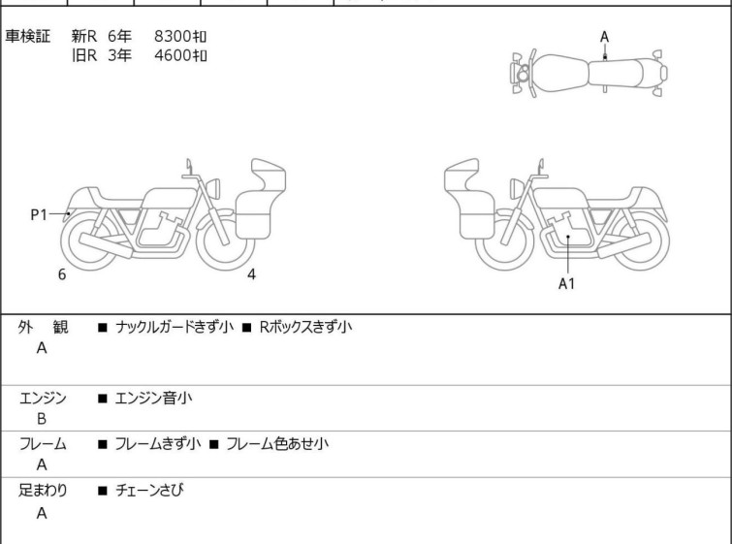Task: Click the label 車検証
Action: (x=27, y=36)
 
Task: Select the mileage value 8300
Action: (x=173, y=36)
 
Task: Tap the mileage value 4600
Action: (x=173, y=55)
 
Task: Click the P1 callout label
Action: (x=39, y=215)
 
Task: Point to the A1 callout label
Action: (x=566, y=283)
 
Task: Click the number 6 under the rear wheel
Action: (x=62, y=274)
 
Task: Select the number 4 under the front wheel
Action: (x=251, y=274)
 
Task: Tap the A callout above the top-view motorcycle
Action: (x=605, y=37)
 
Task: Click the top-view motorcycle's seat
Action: (x=616, y=73)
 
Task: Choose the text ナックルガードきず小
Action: (x=175, y=327)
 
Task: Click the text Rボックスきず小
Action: (x=305, y=327)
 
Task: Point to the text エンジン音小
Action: (x=153, y=399)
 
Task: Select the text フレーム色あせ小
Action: (x=277, y=443)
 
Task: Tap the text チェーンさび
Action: (x=149, y=490)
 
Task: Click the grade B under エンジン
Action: (x=42, y=419)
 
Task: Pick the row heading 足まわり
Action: (x=43, y=490)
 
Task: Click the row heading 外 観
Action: (x=43, y=327)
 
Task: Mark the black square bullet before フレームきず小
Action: (x=103, y=444)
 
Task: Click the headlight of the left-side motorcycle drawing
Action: (x=213, y=188)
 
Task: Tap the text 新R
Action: (x=84, y=36)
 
